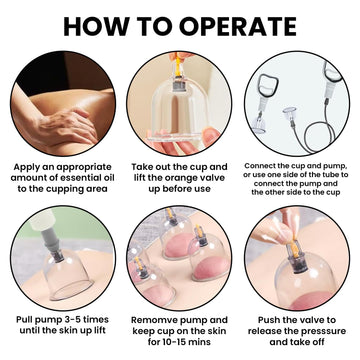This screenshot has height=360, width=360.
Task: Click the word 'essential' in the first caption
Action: pyautogui.click(x=75, y=178)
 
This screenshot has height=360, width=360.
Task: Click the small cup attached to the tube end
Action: pyautogui.click(x=289, y=115)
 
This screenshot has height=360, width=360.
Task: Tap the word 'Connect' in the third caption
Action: pyautogui.click(x=258, y=166)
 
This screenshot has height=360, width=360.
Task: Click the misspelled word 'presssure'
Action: pyautogui.click(x=323, y=331)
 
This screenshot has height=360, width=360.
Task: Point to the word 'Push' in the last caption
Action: pyautogui.click(x=268, y=320)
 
